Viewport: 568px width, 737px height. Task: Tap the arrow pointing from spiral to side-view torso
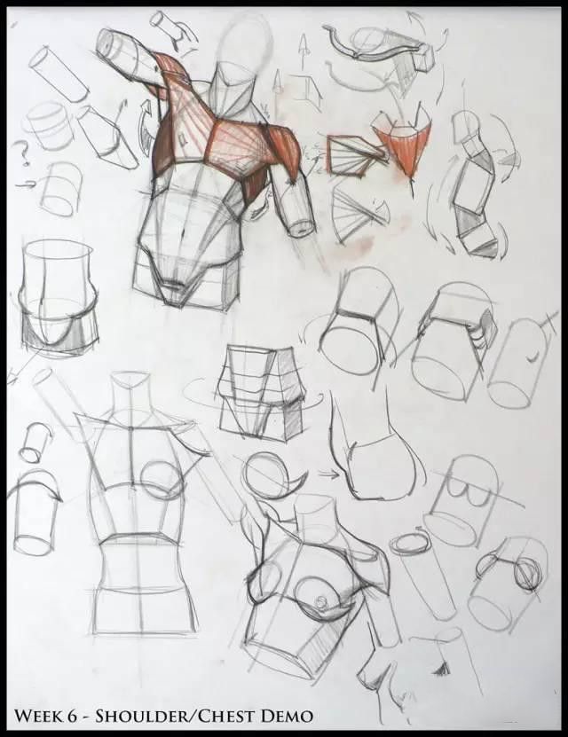[x=330, y=474]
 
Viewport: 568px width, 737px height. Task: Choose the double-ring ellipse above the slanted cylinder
[x=408, y=544]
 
